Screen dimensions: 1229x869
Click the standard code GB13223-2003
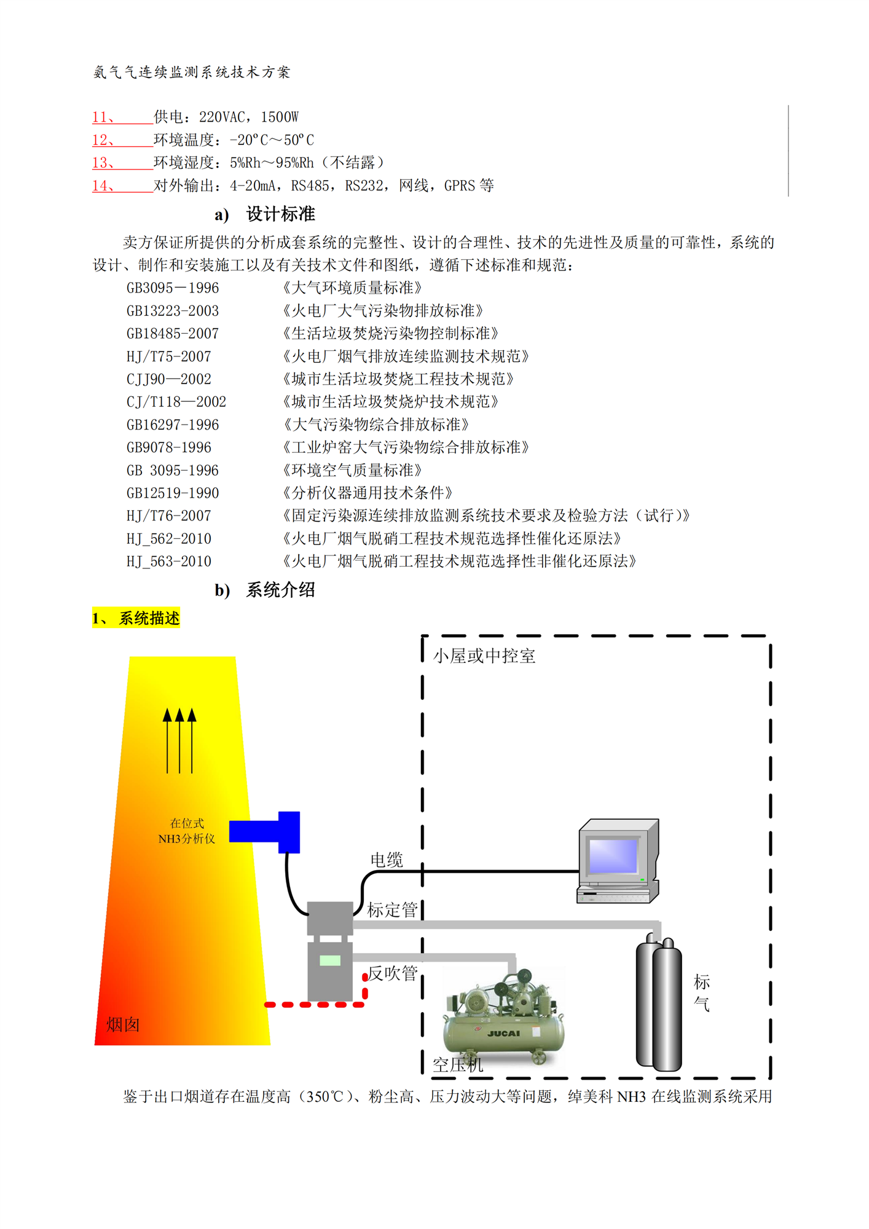coord(172,311)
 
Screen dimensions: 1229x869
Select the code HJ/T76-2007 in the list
coord(168,516)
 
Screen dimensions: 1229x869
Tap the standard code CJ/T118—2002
coord(176,402)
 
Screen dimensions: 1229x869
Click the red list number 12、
coord(103,140)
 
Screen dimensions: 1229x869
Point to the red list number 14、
coord(103,186)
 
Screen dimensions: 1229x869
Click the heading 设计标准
coord(280,214)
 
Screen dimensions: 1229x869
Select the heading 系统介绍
coord(280,590)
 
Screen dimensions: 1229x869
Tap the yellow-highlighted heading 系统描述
coord(149,618)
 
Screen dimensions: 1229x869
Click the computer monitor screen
coord(613,855)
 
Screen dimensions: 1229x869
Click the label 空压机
coord(457,1065)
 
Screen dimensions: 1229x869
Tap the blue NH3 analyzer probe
coord(264,832)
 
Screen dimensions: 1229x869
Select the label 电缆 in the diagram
coord(386,860)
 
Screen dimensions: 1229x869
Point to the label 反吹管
coord(392,973)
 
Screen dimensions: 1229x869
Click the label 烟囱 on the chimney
coord(123,1024)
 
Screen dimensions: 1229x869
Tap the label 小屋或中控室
coord(484,656)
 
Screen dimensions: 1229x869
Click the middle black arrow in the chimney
coord(179,740)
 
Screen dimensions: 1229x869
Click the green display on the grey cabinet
coord(330,960)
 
